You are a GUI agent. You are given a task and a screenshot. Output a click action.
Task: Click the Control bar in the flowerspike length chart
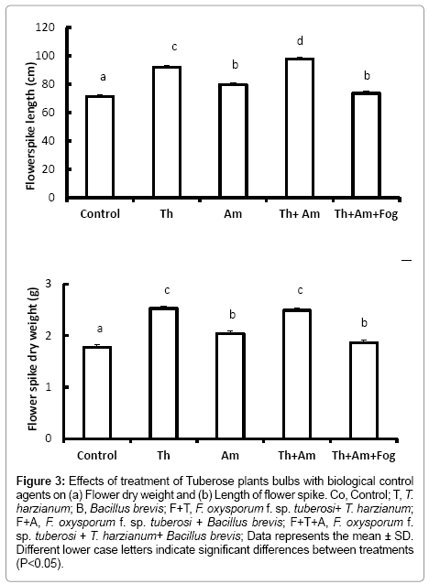(x=100, y=146)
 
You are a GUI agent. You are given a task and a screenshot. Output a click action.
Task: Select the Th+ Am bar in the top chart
(x=300, y=127)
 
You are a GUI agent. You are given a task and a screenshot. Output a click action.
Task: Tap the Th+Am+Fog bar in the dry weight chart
(x=364, y=390)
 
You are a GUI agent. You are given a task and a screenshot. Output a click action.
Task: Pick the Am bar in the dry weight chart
(x=230, y=385)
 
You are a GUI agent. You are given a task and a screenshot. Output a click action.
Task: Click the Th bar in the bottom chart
(x=164, y=373)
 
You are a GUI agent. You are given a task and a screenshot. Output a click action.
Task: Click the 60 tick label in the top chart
(x=48, y=112)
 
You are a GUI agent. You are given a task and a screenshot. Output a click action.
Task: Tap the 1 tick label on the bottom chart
(x=49, y=387)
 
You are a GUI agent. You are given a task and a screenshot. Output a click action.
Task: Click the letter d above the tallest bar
(x=300, y=40)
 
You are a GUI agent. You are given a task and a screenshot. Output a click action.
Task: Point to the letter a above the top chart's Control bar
(x=103, y=77)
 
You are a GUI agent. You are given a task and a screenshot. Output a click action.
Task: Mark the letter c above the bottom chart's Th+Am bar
(x=300, y=290)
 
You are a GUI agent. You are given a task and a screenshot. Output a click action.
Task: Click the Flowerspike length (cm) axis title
(x=30, y=125)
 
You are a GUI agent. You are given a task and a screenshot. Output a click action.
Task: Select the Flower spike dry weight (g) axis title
(x=33, y=359)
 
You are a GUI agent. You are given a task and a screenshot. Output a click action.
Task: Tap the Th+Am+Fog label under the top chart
(x=366, y=214)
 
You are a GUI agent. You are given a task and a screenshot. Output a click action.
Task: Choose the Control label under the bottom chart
(x=97, y=455)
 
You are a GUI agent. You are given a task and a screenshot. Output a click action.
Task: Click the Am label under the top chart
(x=233, y=214)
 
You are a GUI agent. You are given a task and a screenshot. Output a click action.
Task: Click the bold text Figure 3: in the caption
(x=41, y=481)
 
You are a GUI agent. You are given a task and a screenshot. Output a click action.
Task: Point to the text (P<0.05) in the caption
(x=38, y=564)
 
